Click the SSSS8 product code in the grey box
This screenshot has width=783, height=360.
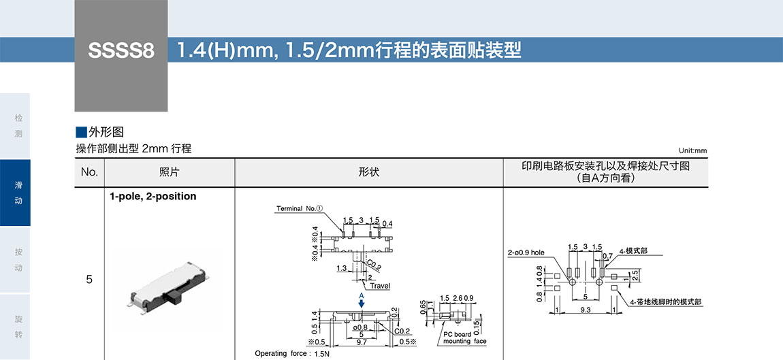pos(121,51)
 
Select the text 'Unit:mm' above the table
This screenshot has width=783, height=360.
pos(692,151)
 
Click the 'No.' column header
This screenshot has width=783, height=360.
pos(89,172)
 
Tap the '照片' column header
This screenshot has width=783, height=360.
pos(169,172)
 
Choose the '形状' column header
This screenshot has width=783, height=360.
pos(368,172)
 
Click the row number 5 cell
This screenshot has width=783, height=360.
pos(89,280)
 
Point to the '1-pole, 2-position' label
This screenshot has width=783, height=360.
pos(153,197)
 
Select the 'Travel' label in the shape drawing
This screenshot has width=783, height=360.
pos(380,286)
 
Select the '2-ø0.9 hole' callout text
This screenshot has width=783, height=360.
pos(526,252)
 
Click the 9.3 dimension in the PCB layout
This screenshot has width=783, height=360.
pos(586,310)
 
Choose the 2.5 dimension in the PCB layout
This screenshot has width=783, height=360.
pos(635,276)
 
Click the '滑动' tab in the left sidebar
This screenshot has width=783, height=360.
pos(18,193)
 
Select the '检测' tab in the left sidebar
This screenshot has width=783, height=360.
pos(18,126)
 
